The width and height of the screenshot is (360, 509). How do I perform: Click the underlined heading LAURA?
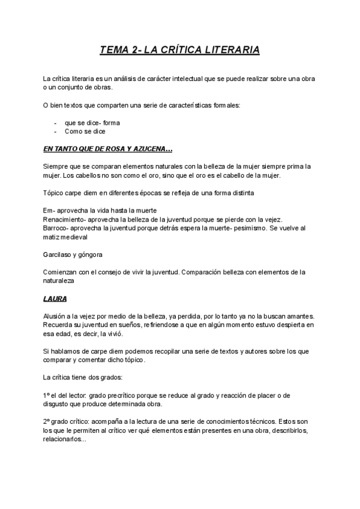click(55, 298)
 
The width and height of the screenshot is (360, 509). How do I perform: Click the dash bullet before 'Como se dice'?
click(55, 131)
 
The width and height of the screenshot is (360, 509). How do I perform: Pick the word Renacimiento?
click(64, 220)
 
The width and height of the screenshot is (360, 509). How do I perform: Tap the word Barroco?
click(56, 228)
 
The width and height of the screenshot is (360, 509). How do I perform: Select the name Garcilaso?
click(58, 254)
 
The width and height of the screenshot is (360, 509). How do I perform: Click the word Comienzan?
click(61, 272)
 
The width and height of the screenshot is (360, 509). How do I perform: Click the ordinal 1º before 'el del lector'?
click(47, 395)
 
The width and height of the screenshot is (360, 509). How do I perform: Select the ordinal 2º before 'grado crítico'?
click(47, 421)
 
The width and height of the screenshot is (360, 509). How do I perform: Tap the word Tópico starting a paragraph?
click(54, 193)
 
